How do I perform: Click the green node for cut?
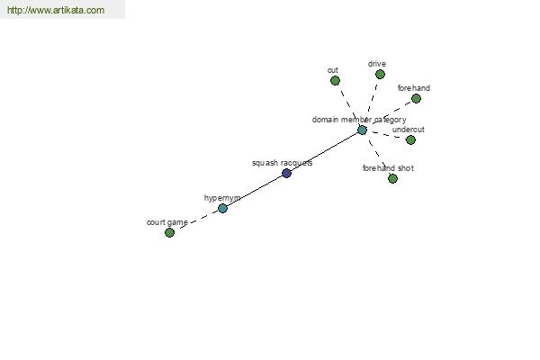tap(335, 81)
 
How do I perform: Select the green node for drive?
tap(380, 75)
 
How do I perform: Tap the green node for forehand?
tap(416, 99)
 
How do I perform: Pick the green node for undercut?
tap(410, 139)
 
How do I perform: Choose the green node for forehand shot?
tap(392, 178)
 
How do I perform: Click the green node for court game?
tap(169, 232)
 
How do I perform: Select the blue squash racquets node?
tap(286, 173)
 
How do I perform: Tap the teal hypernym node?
tap(223, 208)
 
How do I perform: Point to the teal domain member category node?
tap(362, 130)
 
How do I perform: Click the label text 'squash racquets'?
tap(282, 163)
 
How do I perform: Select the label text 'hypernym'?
tap(222, 198)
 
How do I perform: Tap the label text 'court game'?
tap(167, 222)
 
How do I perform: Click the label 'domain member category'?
tap(359, 120)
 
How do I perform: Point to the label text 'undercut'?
tap(408, 130)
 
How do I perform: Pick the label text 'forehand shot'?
tap(388, 168)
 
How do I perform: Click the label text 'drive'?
tap(377, 64)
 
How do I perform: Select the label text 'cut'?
tap(333, 70)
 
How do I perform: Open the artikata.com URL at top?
tap(56, 10)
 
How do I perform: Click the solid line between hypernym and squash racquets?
tap(255, 191)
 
